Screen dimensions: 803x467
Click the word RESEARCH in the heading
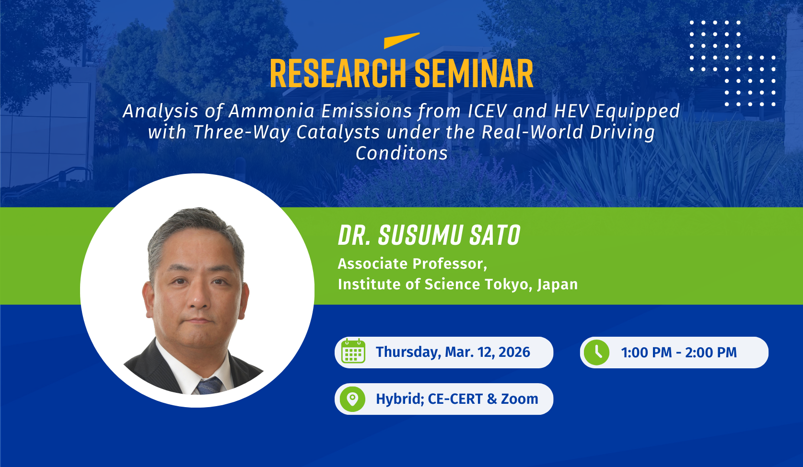337,73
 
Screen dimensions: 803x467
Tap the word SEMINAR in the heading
474,73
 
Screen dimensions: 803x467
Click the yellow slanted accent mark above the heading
402,40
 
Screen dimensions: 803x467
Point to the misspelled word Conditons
402,153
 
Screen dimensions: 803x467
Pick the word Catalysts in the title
338,132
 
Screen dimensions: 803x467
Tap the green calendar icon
353,351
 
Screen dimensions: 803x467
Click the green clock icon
596,353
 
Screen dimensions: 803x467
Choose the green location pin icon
352,399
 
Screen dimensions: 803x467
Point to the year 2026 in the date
514,352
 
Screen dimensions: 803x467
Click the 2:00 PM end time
711,353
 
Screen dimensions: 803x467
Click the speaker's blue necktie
209,386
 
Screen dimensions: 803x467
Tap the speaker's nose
198,300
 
